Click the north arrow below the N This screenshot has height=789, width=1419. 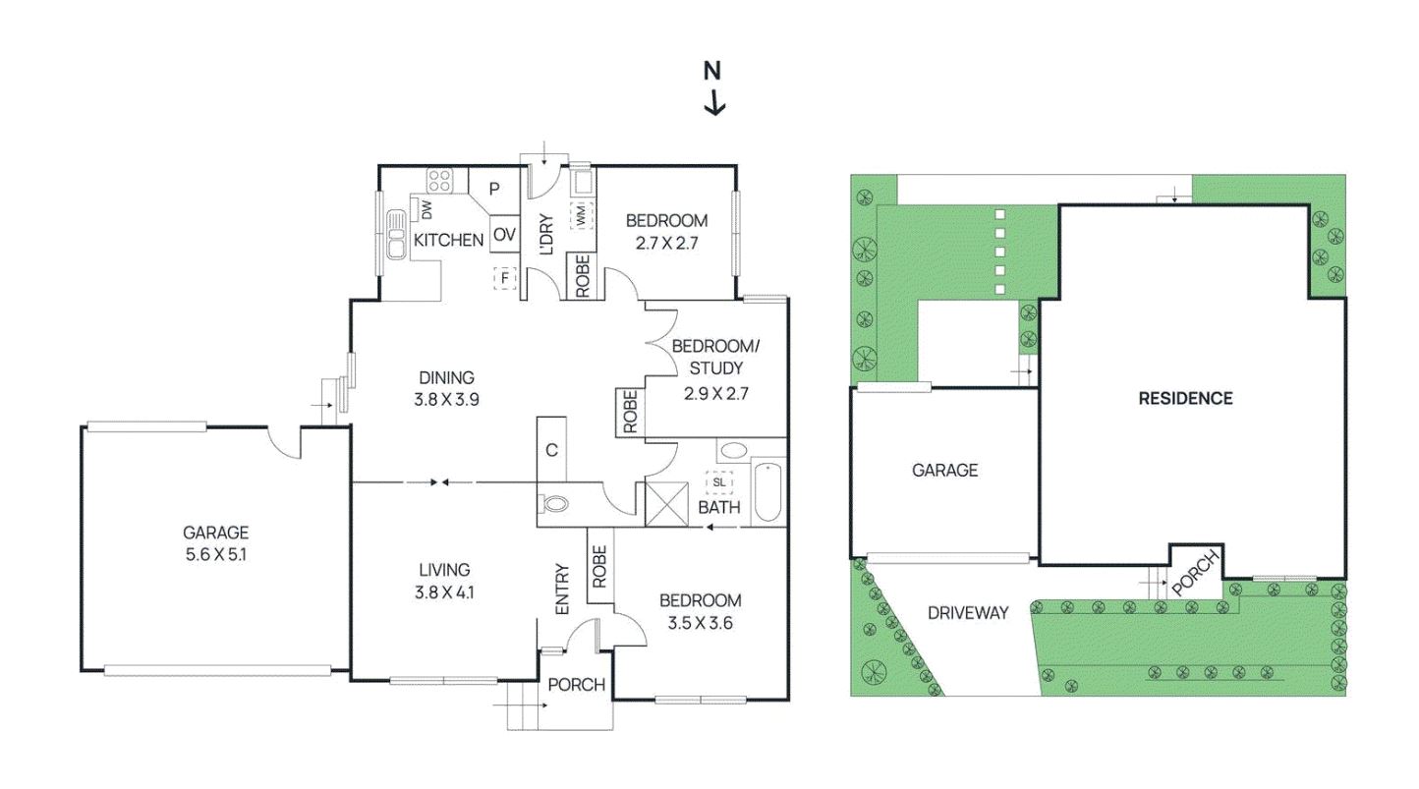(x=713, y=101)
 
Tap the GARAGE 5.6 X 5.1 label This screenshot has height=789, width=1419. (x=215, y=542)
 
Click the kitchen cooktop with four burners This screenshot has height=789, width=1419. (x=439, y=182)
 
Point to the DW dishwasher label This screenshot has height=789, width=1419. (x=427, y=207)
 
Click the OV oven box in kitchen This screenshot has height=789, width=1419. (x=504, y=234)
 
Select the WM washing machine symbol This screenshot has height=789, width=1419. (x=582, y=214)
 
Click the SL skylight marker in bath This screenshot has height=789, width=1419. (x=718, y=482)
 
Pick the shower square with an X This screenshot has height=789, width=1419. (x=663, y=502)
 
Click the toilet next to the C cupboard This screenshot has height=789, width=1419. (x=555, y=504)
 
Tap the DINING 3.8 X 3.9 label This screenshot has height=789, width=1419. (x=447, y=387)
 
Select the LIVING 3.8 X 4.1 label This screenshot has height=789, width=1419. (x=443, y=580)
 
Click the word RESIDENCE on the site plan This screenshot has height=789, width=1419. (x=1185, y=398)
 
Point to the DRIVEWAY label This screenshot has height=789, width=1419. (x=968, y=613)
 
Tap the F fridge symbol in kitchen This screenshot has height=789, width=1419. (x=506, y=278)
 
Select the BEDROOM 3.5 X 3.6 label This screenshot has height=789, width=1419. (x=700, y=610)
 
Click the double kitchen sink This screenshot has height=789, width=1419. (x=397, y=234)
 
